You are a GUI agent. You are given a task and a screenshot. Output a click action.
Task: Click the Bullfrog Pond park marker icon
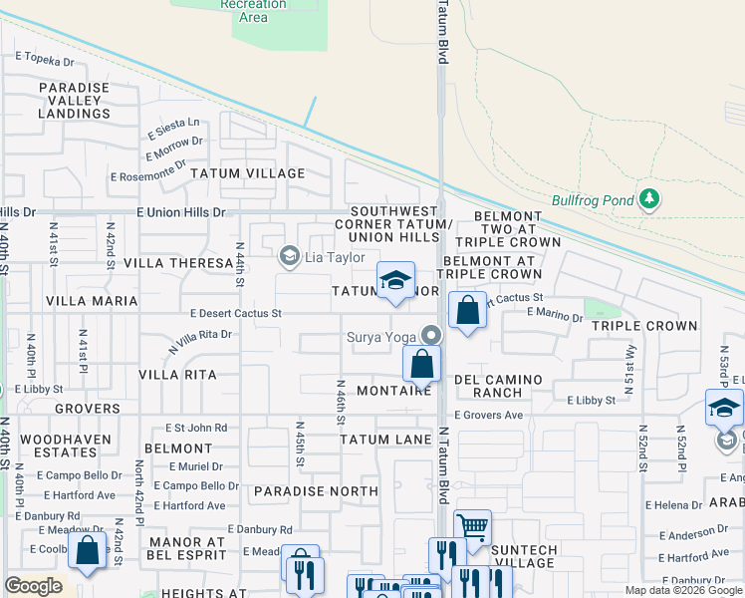click(649, 199)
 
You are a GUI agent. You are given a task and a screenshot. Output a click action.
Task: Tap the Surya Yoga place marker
click(431, 336)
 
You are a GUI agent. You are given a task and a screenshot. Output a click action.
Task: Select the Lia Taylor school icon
click(289, 257)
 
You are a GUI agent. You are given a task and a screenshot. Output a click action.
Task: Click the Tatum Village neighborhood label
click(248, 173)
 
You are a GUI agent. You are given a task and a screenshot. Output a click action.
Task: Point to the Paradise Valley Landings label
click(74, 101)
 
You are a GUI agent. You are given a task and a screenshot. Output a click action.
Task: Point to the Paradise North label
click(316, 491)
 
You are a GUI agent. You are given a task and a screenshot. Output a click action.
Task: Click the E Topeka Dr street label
click(45, 60)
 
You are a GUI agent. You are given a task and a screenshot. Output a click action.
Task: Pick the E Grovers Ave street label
click(488, 415)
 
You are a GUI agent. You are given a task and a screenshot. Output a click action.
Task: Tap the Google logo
click(32, 586)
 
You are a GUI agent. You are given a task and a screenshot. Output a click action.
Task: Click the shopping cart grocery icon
click(472, 525)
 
